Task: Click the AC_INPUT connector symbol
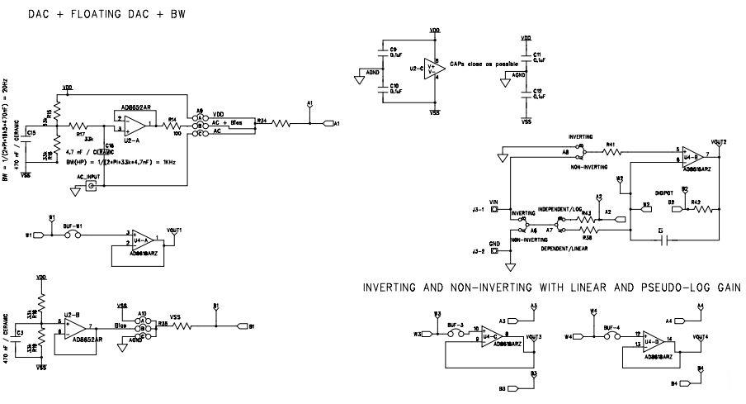click(x=92, y=187)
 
